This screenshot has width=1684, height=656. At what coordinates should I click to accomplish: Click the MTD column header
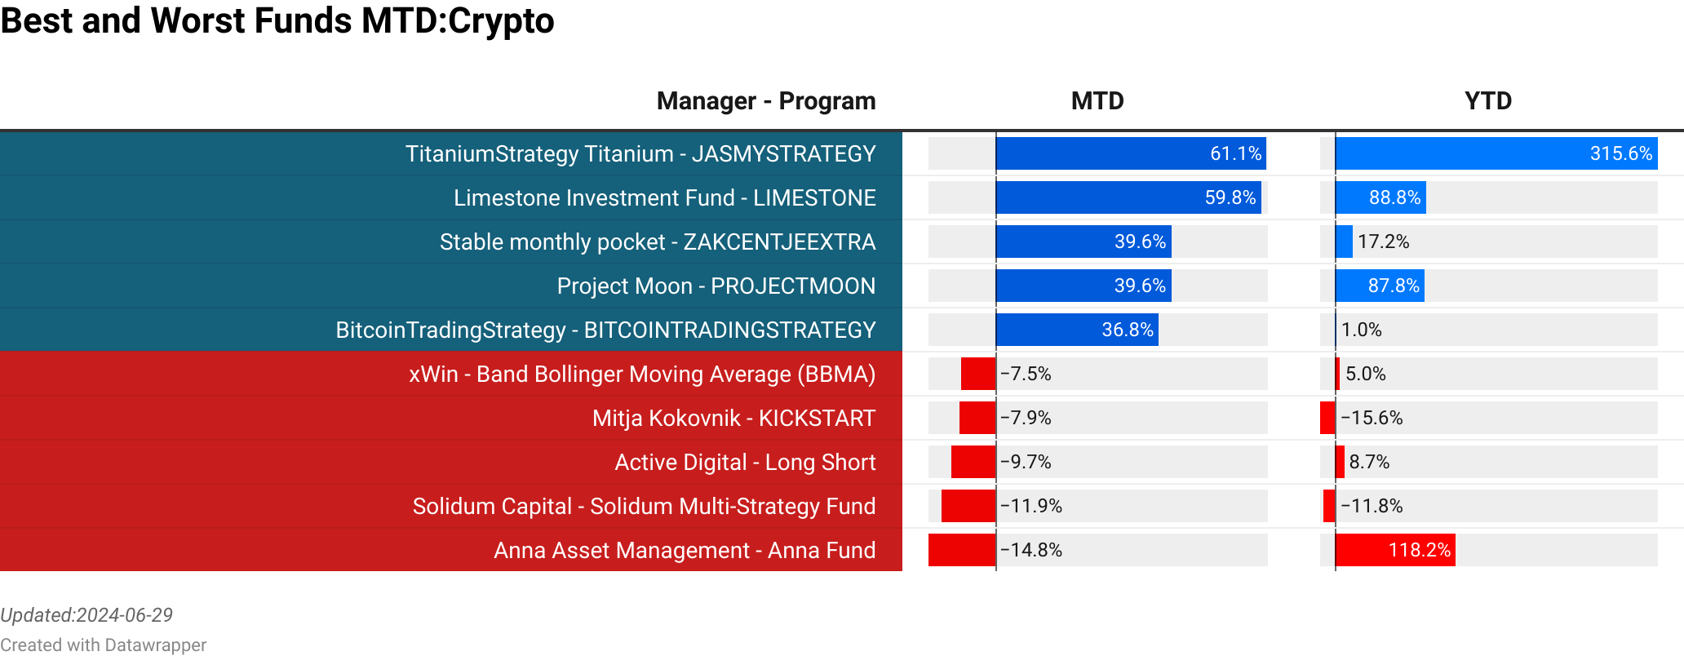[1097, 101]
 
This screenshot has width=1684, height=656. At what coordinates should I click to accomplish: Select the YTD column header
[1488, 101]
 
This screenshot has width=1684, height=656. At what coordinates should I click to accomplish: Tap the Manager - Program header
[765, 101]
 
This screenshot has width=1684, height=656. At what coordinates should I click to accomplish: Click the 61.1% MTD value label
[1235, 153]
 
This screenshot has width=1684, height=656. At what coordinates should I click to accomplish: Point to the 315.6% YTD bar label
[1620, 153]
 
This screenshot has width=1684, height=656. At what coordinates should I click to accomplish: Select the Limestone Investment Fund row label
[664, 197]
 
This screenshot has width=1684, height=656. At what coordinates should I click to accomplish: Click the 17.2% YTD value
[1383, 242]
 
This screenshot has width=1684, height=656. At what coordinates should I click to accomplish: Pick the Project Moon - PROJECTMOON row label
[716, 286]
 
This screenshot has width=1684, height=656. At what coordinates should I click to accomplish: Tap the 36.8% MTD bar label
[1127, 330]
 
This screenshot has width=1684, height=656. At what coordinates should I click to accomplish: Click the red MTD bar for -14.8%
[962, 550]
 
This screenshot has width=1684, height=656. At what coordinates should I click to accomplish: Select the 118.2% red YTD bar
[1395, 550]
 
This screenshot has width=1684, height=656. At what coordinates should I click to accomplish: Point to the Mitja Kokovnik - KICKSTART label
[733, 418]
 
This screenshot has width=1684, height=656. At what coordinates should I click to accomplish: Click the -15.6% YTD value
[1372, 418]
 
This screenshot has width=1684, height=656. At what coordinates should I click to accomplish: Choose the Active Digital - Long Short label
[744, 462]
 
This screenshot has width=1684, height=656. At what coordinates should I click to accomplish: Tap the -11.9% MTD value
[1031, 506]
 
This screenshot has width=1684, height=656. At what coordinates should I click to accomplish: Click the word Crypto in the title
[501, 20]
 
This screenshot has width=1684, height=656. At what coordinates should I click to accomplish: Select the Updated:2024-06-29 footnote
[86, 615]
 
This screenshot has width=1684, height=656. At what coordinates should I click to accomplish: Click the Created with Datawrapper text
[103, 645]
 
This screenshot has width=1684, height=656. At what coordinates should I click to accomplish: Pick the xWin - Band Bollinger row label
[641, 374]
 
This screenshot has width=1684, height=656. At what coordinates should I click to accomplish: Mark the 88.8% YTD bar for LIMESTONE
[1380, 197]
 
